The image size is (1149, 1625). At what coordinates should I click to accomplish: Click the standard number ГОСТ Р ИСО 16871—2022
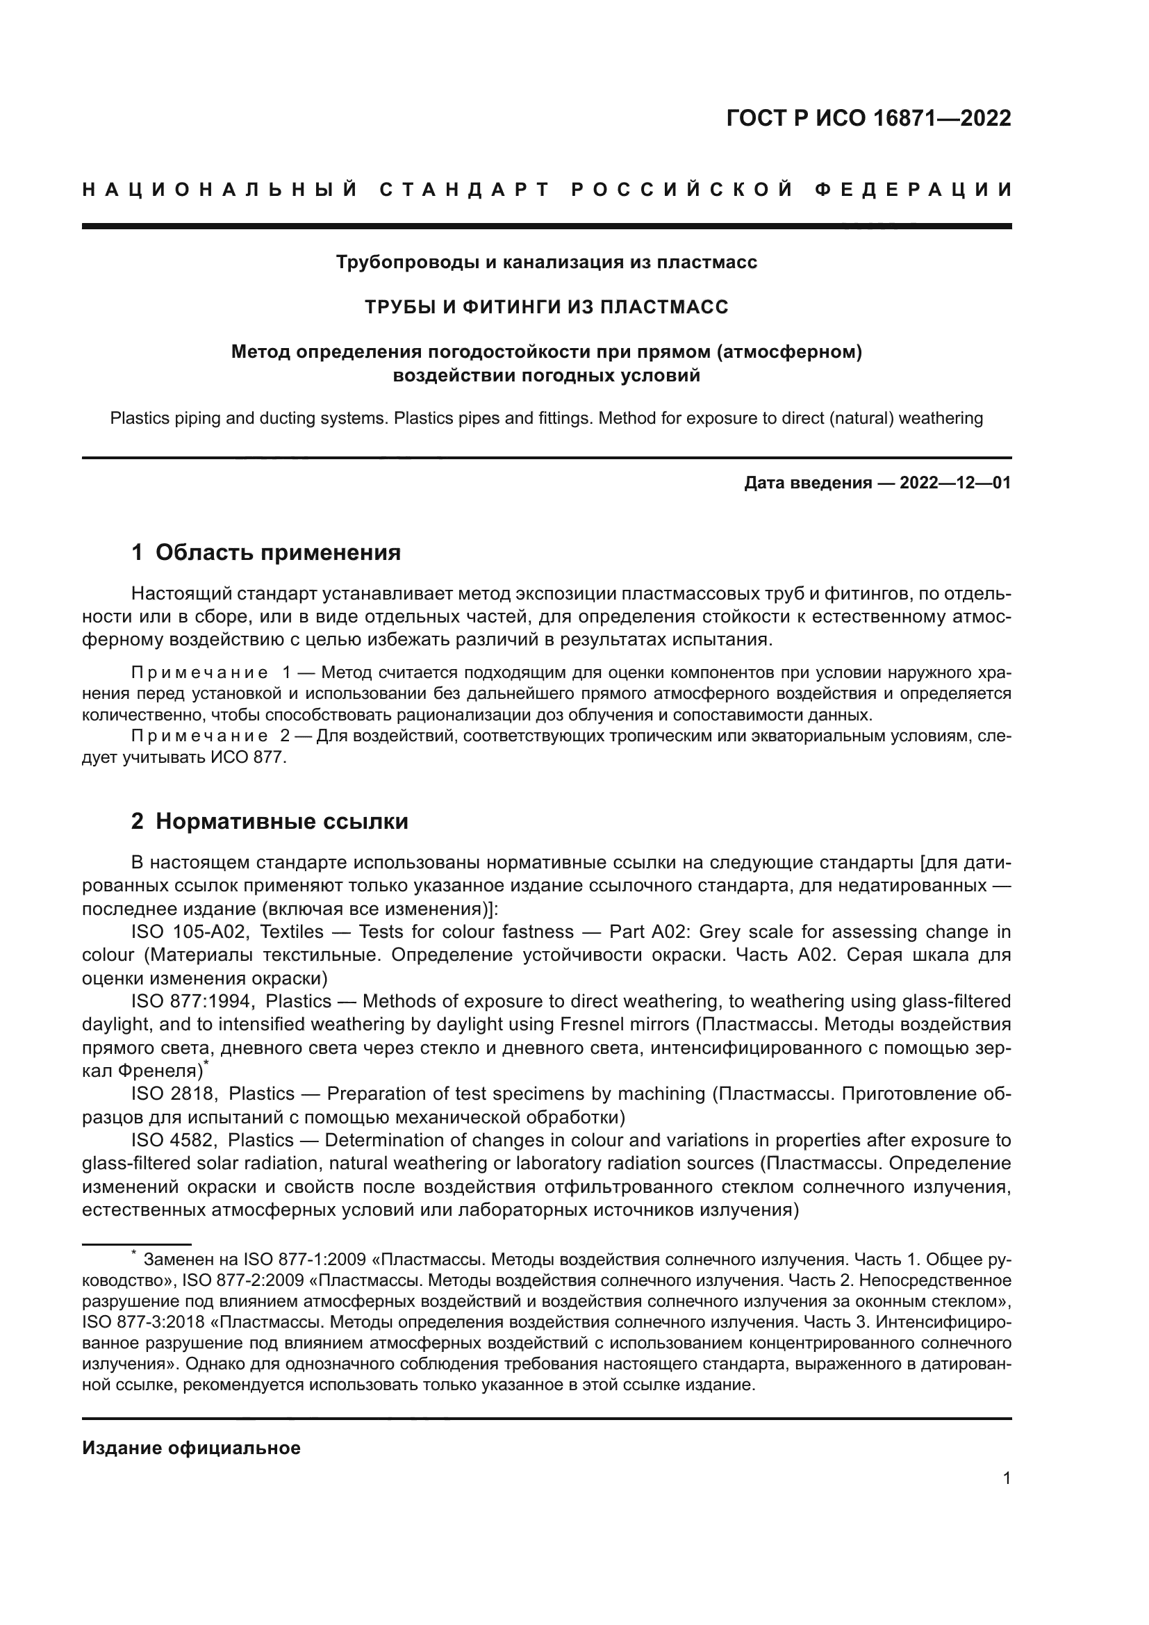pos(868,118)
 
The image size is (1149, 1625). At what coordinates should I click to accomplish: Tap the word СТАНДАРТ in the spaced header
pos(465,190)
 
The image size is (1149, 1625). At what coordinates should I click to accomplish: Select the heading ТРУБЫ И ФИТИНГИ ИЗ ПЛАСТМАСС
pos(546,307)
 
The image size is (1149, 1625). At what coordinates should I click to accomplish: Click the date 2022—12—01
pos(955,484)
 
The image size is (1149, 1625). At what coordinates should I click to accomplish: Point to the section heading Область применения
pos(278,553)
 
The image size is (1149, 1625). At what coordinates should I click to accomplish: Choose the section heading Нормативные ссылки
pos(281,822)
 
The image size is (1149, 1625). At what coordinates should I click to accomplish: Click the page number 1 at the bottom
pos(1007,1478)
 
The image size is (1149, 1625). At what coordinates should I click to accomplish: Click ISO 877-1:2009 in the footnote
pos(304,1260)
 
